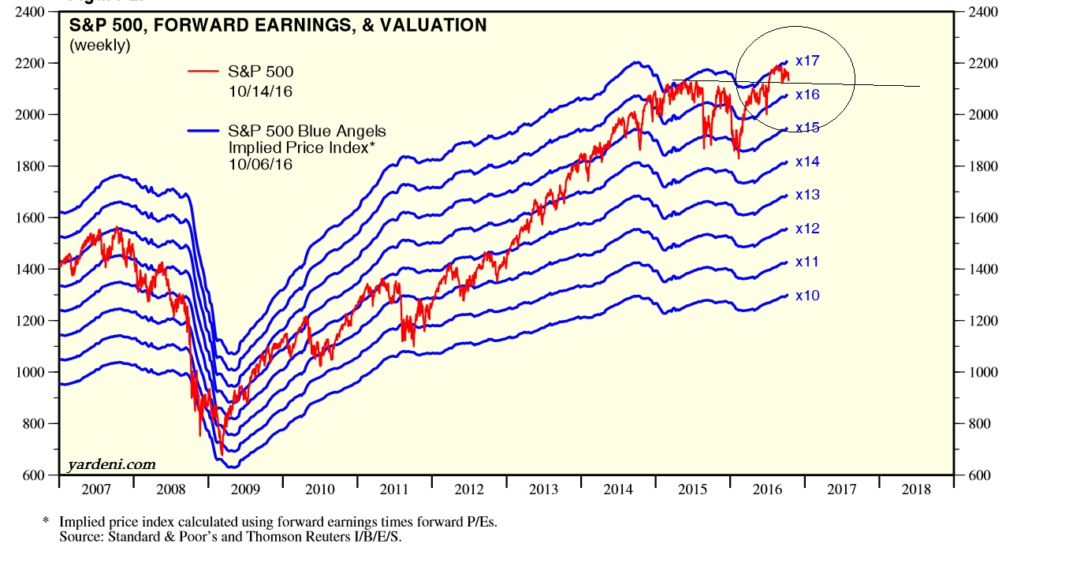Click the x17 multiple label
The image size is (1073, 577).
[x=808, y=61]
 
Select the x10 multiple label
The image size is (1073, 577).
[x=807, y=296]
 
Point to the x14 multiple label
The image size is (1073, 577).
[x=807, y=162]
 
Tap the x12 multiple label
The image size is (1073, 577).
[x=807, y=229]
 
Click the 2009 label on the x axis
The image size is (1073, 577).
[x=245, y=490]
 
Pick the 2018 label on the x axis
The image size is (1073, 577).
[x=915, y=490]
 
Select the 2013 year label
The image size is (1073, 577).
[x=543, y=490]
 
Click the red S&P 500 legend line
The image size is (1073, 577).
[x=203, y=72]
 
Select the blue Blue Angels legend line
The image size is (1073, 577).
[x=203, y=131]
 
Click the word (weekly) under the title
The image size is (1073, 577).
[x=100, y=46]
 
